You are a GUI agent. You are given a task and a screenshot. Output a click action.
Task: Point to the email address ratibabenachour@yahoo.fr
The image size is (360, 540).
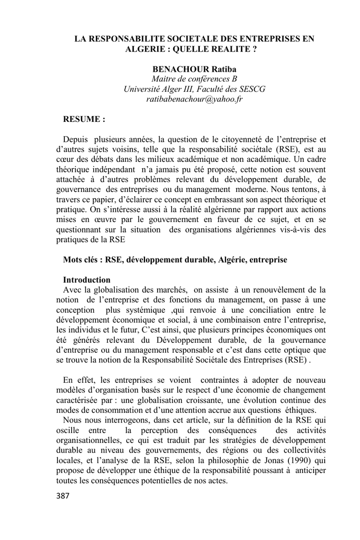[194, 99]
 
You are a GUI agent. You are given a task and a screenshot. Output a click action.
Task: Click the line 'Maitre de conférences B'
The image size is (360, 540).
[194, 79]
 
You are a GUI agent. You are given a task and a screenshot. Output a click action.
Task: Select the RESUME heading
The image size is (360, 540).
[84, 119]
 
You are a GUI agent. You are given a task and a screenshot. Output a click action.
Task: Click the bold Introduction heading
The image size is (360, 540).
[87, 279]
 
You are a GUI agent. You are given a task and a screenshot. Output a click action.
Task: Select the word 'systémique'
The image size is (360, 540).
[144, 310]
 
